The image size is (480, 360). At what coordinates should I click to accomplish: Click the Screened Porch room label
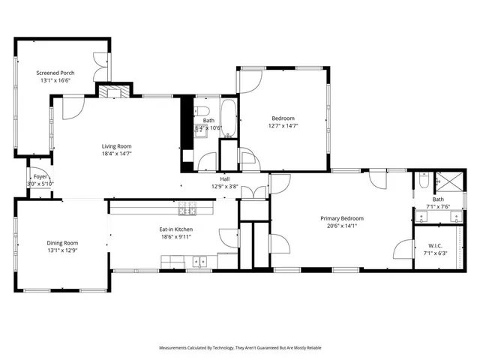[55, 73]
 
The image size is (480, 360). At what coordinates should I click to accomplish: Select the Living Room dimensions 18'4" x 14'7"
[117, 154]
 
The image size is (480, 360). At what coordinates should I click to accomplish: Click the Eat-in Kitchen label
[176, 229]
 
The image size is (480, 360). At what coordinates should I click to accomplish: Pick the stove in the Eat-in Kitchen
[188, 208]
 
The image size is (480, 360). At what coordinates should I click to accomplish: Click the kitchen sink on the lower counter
[199, 262]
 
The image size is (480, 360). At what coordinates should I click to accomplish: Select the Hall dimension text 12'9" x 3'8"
[224, 186]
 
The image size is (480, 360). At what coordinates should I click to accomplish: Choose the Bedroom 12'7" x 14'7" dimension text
[283, 126]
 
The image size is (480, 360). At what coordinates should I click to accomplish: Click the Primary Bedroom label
[339, 218]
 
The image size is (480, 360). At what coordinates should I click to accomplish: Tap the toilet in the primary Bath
[424, 180]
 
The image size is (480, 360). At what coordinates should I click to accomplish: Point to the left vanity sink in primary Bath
[421, 218]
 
